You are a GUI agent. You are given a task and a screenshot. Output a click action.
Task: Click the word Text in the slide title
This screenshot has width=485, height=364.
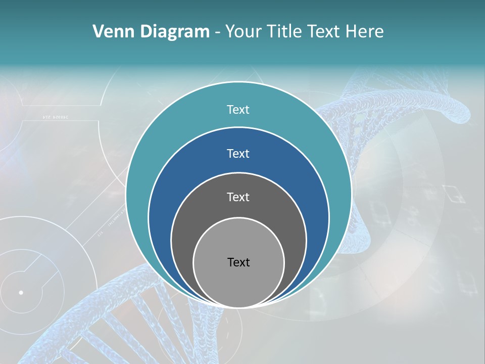click(325, 32)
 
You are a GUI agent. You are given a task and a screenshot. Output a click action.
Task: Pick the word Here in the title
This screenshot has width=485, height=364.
click(365, 32)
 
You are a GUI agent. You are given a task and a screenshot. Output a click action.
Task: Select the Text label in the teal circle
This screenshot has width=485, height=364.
click(238, 110)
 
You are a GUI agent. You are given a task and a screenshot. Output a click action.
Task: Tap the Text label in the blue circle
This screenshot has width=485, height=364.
click(238, 153)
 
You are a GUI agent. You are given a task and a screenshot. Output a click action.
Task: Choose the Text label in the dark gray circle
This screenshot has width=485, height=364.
click(238, 197)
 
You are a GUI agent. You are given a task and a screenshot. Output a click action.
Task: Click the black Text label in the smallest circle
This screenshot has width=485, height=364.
click(238, 262)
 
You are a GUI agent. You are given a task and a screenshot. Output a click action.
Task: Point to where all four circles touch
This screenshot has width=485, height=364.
click(238, 307)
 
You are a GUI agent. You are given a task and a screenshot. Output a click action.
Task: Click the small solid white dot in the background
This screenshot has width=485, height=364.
click(21, 292)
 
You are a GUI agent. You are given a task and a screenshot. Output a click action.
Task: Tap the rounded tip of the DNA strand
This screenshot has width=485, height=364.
click(462, 108)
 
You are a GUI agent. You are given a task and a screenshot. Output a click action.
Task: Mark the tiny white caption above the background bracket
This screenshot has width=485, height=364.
click(55, 117)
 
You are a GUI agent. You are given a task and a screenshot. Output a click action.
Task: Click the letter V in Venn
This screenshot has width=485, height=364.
click(99, 32)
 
